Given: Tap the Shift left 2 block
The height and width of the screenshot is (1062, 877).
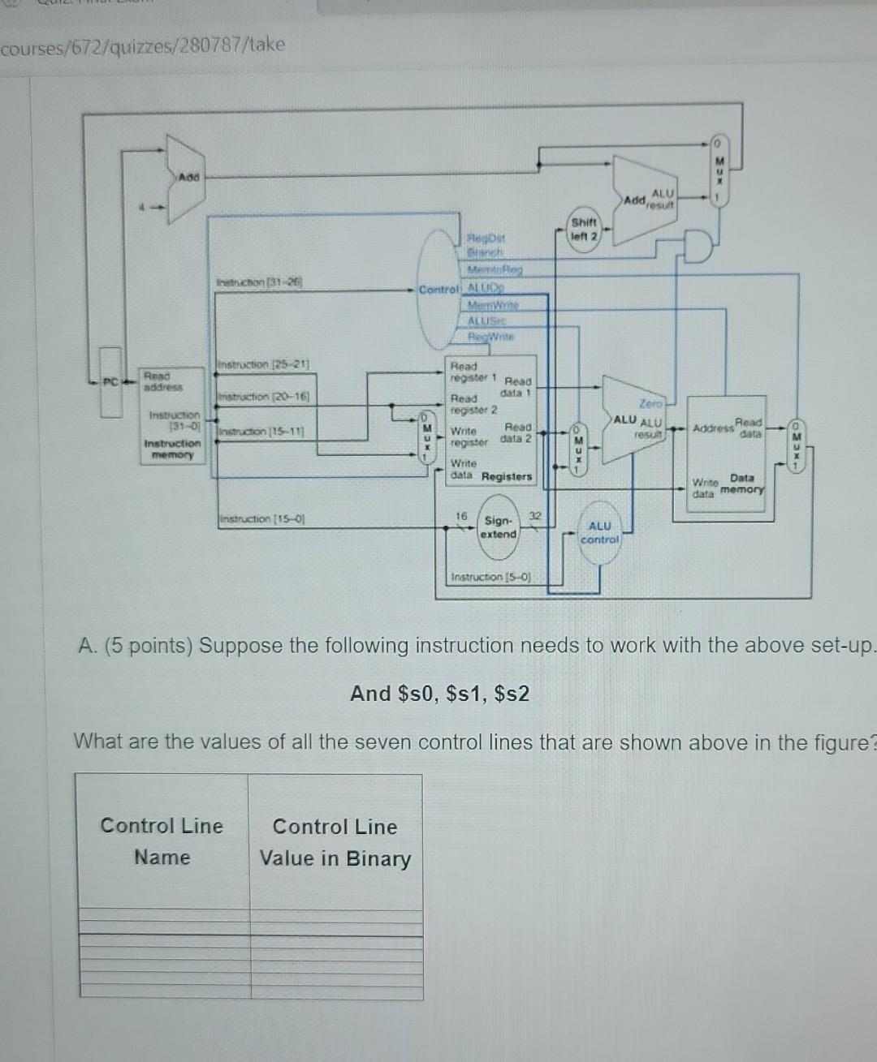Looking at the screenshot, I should (x=584, y=229).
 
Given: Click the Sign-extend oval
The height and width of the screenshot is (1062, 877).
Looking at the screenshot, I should (x=498, y=527).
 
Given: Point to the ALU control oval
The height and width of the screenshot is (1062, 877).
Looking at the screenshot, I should (x=600, y=533).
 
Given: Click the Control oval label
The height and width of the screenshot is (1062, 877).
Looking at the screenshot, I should (x=439, y=290).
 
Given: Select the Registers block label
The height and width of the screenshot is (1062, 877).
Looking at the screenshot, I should (x=506, y=476).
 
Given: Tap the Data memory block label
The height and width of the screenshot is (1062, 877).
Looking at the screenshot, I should (x=742, y=484).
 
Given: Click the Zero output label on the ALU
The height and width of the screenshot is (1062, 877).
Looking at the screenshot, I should (x=650, y=402).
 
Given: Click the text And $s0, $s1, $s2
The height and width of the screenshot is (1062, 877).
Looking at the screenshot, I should (x=439, y=694).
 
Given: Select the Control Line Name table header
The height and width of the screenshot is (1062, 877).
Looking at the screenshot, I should (x=162, y=841).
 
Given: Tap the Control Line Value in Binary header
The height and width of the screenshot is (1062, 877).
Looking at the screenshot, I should (x=335, y=842).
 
